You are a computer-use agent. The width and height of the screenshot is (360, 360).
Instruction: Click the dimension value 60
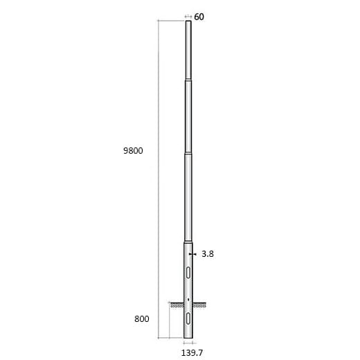(x=199, y=17)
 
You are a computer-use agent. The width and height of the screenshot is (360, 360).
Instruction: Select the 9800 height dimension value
(x=132, y=151)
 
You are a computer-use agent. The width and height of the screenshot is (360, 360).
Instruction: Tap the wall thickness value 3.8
(x=208, y=254)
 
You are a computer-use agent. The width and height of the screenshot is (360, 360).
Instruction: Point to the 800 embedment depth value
(x=141, y=319)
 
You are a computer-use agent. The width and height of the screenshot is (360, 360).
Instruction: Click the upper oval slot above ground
(x=188, y=271)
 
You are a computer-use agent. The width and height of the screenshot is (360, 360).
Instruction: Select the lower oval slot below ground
(x=188, y=318)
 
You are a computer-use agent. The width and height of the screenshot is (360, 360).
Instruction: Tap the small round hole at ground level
(x=188, y=299)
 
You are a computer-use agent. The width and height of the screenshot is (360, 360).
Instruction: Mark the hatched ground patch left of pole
(x=176, y=304)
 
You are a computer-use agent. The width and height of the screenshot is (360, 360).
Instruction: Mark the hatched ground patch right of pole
(x=201, y=304)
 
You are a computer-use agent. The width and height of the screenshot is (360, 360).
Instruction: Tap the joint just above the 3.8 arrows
(x=188, y=242)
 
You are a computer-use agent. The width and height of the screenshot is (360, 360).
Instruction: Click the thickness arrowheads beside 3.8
(x=196, y=254)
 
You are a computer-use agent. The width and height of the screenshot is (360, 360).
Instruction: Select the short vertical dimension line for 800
(x=169, y=320)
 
